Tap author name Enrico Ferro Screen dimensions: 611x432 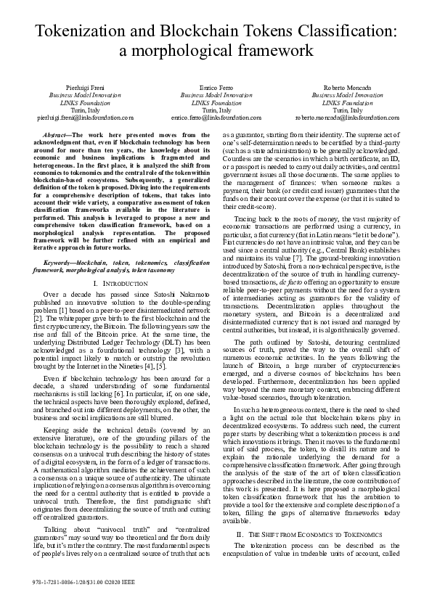(216, 87)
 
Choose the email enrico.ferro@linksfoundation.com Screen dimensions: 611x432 (216, 116)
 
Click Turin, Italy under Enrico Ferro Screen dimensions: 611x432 (216, 109)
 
